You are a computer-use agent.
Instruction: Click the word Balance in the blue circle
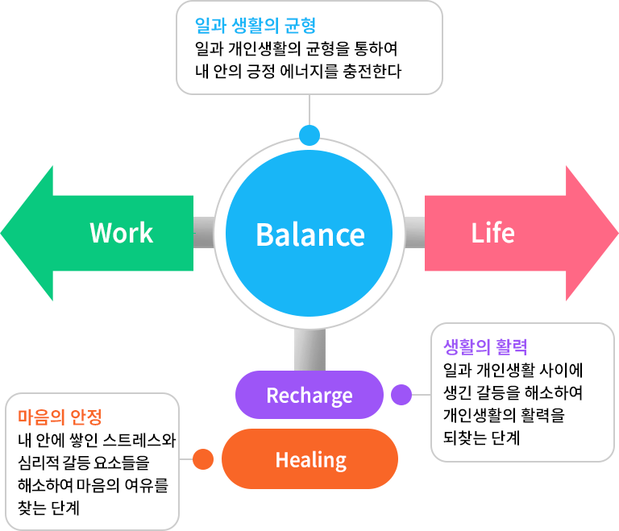(310, 234)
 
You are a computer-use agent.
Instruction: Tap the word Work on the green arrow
(122, 233)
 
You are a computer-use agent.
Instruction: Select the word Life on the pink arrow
(492, 233)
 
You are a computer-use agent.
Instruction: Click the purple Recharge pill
(309, 396)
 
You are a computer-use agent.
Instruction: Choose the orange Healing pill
(310, 460)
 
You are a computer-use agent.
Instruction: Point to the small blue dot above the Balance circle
(309, 134)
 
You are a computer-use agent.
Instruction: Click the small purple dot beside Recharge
(401, 395)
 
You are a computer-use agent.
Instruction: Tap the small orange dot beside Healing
(203, 459)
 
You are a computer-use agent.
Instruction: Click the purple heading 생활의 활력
(485, 347)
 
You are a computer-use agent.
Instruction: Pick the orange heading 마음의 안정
(60, 417)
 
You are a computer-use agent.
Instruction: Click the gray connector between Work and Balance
(204, 233)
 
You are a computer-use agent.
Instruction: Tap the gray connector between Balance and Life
(414, 233)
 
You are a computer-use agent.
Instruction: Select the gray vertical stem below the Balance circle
(309, 350)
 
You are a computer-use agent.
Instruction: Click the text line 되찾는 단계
(482, 438)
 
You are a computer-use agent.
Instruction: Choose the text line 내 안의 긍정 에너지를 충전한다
(298, 70)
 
